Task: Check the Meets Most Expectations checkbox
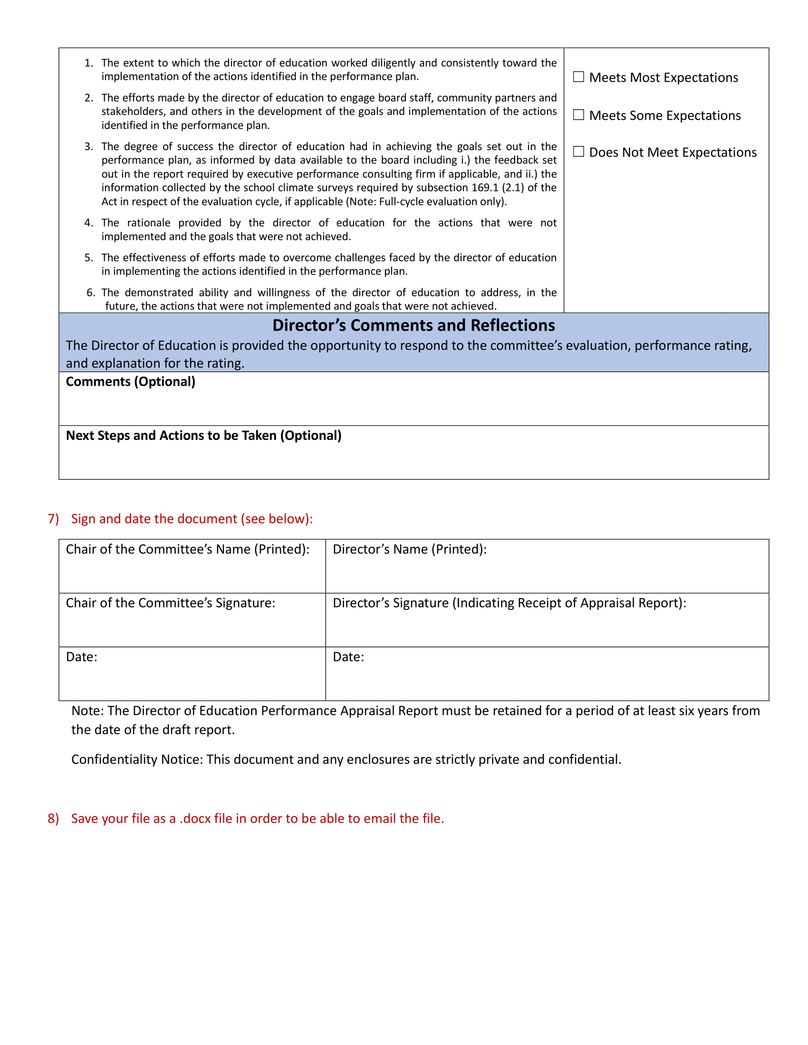pos(578,77)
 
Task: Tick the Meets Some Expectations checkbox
pos(578,115)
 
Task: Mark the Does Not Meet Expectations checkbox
pos(578,152)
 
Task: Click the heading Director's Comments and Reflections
pos(413,325)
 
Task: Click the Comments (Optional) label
pos(130,382)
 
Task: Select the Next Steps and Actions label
pos(203,436)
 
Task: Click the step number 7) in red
pos(53,519)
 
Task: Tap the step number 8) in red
pos(53,818)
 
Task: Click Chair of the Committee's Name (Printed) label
pos(187,549)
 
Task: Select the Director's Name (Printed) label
pos(409,549)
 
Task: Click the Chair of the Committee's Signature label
pos(171,603)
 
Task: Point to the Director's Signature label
pos(509,603)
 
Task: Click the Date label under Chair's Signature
pos(81,657)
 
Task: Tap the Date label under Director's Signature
pos(348,657)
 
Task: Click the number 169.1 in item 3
pos(484,188)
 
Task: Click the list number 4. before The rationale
pos(88,223)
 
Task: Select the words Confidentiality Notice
pos(137,760)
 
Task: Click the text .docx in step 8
pos(195,819)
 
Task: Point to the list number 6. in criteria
pos(90,293)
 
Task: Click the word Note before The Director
pos(87,711)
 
